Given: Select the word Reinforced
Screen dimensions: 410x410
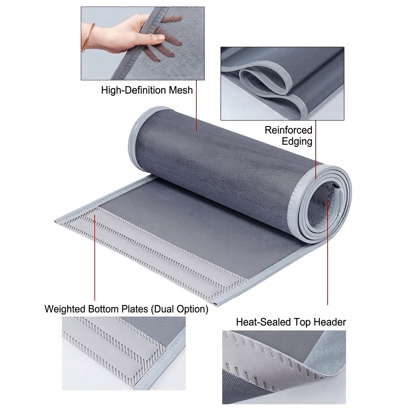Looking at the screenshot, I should pyautogui.click(x=288, y=130).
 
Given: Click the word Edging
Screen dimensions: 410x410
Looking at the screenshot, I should pyautogui.click(x=297, y=141).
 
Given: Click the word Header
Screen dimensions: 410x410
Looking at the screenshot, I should pyautogui.click(x=327, y=322).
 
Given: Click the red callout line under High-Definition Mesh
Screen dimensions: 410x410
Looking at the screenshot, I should pyautogui.click(x=197, y=112).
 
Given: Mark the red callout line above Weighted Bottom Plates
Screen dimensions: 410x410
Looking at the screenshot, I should pyautogui.click(x=95, y=260).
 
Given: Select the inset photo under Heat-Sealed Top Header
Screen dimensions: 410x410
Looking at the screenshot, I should pyautogui.click(x=284, y=367).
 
